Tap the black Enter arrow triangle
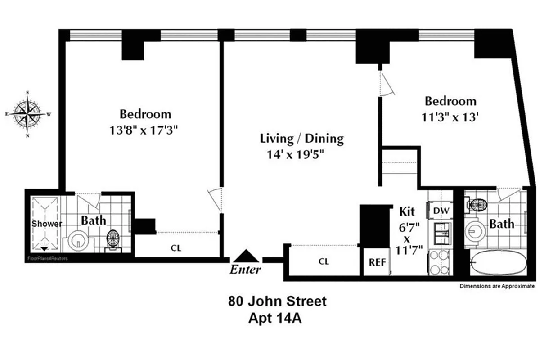[246, 256]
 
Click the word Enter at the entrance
[245, 270]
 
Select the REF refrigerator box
[377, 262]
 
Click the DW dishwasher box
[440, 210]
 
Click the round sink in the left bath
[79, 241]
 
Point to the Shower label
[46, 224]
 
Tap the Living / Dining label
[302, 138]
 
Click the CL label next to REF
[324, 261]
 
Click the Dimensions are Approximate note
[497, 286]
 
